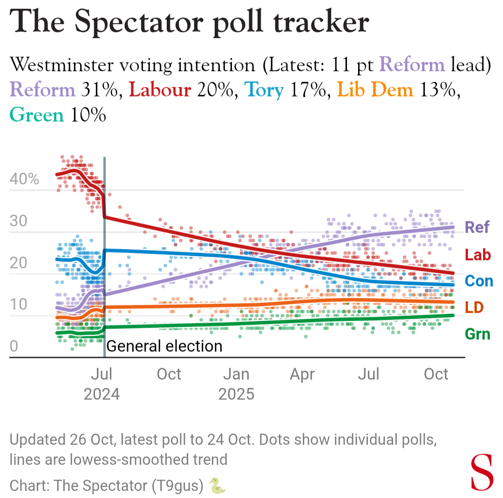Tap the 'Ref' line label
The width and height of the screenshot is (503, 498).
click(477, 227)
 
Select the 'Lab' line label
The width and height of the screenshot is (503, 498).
click(477, 255)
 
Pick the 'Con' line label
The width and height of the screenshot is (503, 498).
click(479, 281)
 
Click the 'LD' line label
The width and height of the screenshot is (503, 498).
click(474, 307)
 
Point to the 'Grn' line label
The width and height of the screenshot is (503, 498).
click(477, 334)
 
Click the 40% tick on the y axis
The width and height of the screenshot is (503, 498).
click(24, 179)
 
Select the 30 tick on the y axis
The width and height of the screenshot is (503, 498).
click(18, 221)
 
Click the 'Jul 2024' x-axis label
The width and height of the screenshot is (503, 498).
click(102, 384)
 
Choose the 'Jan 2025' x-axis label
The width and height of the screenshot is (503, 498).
click(237, 384)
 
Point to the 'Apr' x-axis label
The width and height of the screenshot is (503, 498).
click(302, 374)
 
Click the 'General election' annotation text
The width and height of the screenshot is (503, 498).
click(164, 346)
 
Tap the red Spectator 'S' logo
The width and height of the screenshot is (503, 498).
click(482, 472)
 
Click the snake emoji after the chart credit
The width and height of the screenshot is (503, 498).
click(217, 486)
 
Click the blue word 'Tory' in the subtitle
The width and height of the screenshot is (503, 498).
click(264, 89)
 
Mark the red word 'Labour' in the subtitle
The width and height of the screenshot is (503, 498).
click(160, 89)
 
